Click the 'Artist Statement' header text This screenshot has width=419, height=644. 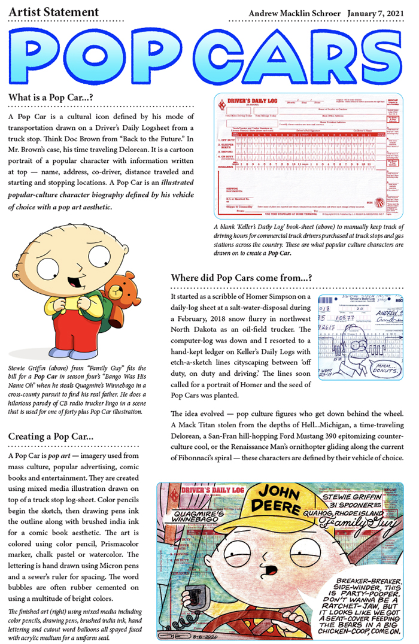pyautogui.click(x=54, y=12)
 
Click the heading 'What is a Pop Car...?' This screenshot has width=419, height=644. pyautogui.click(x=50, y=98)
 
